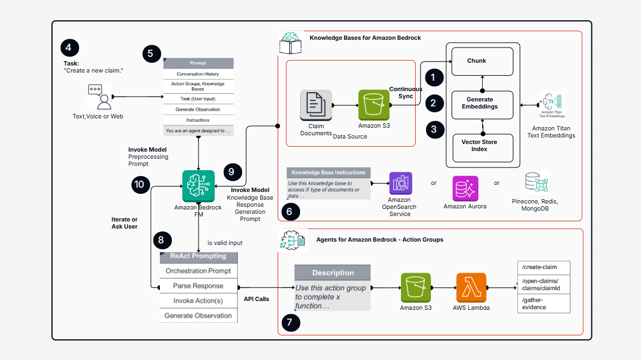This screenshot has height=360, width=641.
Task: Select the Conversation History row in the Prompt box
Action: point(198,74)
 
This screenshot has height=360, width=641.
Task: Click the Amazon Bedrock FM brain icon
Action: point(198,186)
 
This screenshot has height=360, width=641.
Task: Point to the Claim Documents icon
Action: point(316,105)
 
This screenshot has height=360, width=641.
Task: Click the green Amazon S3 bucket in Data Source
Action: point(374,105)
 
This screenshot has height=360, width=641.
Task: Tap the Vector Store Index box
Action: point(482,146)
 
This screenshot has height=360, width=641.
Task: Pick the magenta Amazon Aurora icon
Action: point(465,189)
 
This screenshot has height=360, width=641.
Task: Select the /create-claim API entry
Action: point(543,267)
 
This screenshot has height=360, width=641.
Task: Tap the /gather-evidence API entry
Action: point(543,304)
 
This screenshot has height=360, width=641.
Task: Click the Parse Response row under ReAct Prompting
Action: point(199,286)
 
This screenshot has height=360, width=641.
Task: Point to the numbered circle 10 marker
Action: point(139,185)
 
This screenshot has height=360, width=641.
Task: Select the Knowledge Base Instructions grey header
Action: point(328,172)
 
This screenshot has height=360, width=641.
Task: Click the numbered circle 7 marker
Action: point(290,323)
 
